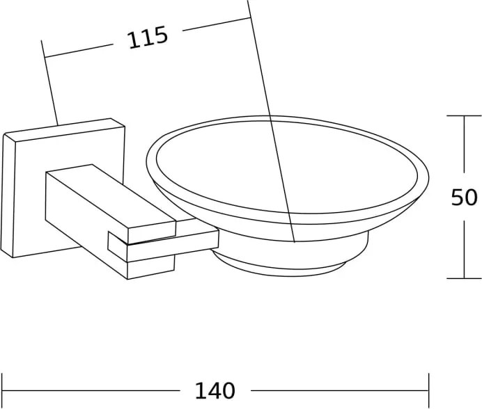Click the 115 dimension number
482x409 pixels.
[148, 38]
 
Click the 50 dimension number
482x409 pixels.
[464, 197]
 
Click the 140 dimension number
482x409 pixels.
[215, 391]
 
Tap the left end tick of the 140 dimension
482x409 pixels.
[2, 391]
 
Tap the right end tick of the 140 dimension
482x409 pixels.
[428, 391]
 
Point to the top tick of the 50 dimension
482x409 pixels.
[464, 115]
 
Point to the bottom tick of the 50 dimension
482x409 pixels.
[464, 278]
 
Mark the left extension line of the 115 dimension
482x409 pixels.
[49, 82]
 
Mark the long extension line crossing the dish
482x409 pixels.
[271, 121]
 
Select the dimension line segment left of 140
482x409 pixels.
[91, 391]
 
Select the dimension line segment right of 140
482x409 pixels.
[340, 391]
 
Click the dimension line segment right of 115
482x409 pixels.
[217, 24]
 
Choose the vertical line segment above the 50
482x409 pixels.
[464, 144]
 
